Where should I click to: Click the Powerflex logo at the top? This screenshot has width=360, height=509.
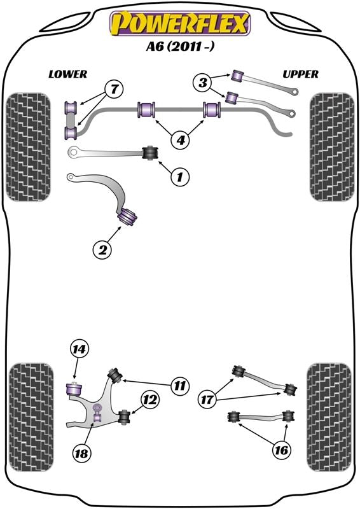point(180,24)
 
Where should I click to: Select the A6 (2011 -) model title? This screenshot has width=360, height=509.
point(180,48)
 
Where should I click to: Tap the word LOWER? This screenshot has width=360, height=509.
point(67,74)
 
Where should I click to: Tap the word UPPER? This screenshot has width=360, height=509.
point(300,74)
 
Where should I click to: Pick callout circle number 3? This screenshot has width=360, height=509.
point(203,82)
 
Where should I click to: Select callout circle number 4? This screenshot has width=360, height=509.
point(181,139)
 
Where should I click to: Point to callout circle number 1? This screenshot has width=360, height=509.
point(179,177)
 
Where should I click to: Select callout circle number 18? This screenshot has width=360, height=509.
point(82,453)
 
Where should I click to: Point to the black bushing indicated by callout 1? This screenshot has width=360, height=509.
point(151,153)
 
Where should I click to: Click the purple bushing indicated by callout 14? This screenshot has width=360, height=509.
point(74,386)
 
